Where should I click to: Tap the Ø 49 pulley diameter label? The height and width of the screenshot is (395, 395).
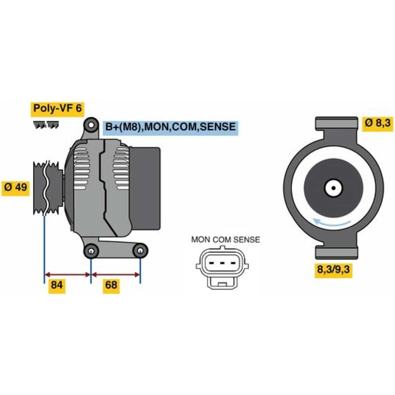point(16,187)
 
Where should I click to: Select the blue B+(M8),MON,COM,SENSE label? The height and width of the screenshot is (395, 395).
point(170,127)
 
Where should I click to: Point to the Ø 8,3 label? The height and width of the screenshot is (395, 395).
point(378,123)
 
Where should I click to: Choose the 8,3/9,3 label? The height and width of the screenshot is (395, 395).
point(333,270)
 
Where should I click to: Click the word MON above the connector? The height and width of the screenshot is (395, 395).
point(201,240)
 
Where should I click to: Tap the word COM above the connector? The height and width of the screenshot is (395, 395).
point(222,240)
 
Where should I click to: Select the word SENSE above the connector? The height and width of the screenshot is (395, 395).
point(246,240)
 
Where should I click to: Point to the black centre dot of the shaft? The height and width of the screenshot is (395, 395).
point(333,188)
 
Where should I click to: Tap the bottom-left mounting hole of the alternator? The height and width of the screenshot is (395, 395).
point(91,251)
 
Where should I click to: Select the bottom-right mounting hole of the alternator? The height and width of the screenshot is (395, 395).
point(141,251)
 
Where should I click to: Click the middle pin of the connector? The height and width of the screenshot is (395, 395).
point(222,263)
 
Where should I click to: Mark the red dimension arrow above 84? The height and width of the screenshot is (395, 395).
point(68,275)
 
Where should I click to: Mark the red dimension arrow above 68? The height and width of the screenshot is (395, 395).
point(116,275)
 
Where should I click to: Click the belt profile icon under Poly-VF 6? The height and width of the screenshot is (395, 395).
point(46,125)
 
